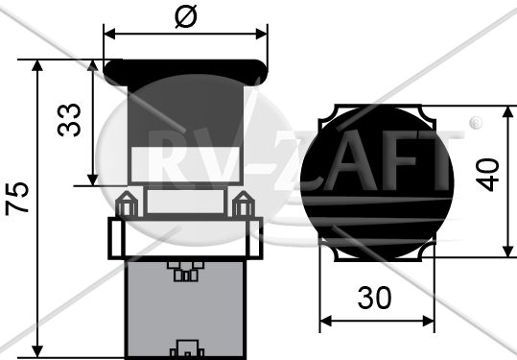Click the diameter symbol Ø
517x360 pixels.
click(186, 16)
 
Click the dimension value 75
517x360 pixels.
click(17, 199)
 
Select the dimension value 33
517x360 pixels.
click(69, 120)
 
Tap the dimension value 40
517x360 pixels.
click(487, 175)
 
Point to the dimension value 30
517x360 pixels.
click(374, 298)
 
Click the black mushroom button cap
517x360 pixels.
click(186, 73)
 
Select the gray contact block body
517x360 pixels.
click(186, 309)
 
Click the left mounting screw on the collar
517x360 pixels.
click(127, 204)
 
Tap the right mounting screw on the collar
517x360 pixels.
click(244, 204)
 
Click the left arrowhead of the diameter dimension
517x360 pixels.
click(109, 34)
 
